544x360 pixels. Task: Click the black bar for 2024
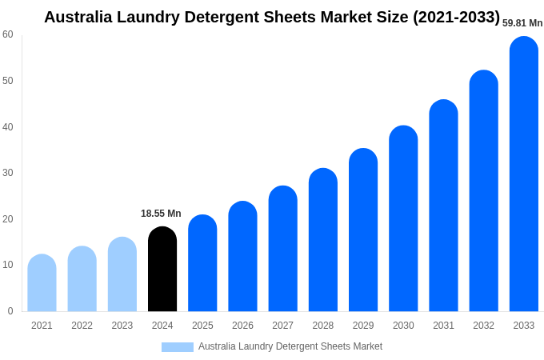(162, 270)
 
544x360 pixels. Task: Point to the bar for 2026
(242, 257)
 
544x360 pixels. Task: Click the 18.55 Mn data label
(161, 214)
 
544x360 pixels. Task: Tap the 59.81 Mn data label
(522, 23)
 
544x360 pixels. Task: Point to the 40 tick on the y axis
(8, 126)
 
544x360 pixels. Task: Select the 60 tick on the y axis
(8, 34)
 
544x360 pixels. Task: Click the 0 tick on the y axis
(10, 311)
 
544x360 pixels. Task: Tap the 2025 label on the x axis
(202, 326)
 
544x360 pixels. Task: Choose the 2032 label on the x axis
(483, 326)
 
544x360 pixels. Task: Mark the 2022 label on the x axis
(82, 326)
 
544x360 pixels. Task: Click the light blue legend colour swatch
(177, 347)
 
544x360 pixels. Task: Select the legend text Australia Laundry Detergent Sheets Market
(290, 346)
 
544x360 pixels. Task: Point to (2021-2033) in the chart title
(456, 17)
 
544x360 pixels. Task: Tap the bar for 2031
(443, 206)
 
